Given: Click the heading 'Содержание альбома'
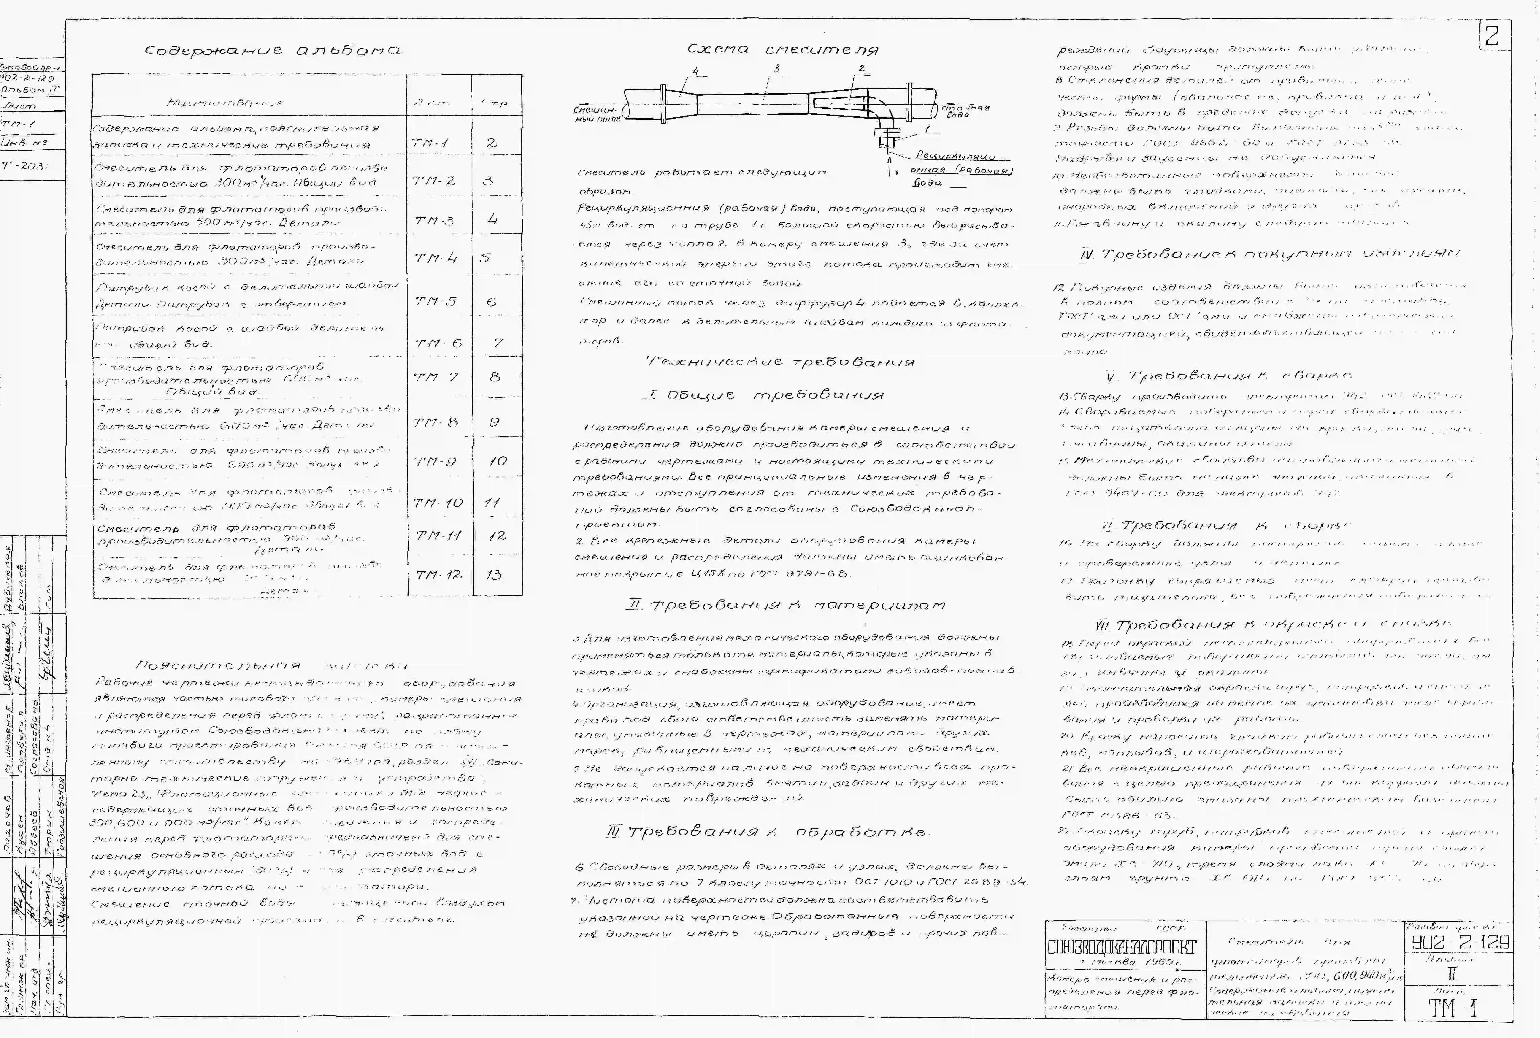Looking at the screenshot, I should point(272,51).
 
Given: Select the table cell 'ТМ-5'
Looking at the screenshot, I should point(436,301).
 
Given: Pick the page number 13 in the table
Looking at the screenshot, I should point(494,575).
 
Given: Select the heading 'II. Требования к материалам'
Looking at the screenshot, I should point(786,605).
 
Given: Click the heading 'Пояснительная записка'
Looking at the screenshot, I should point(271,665).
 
